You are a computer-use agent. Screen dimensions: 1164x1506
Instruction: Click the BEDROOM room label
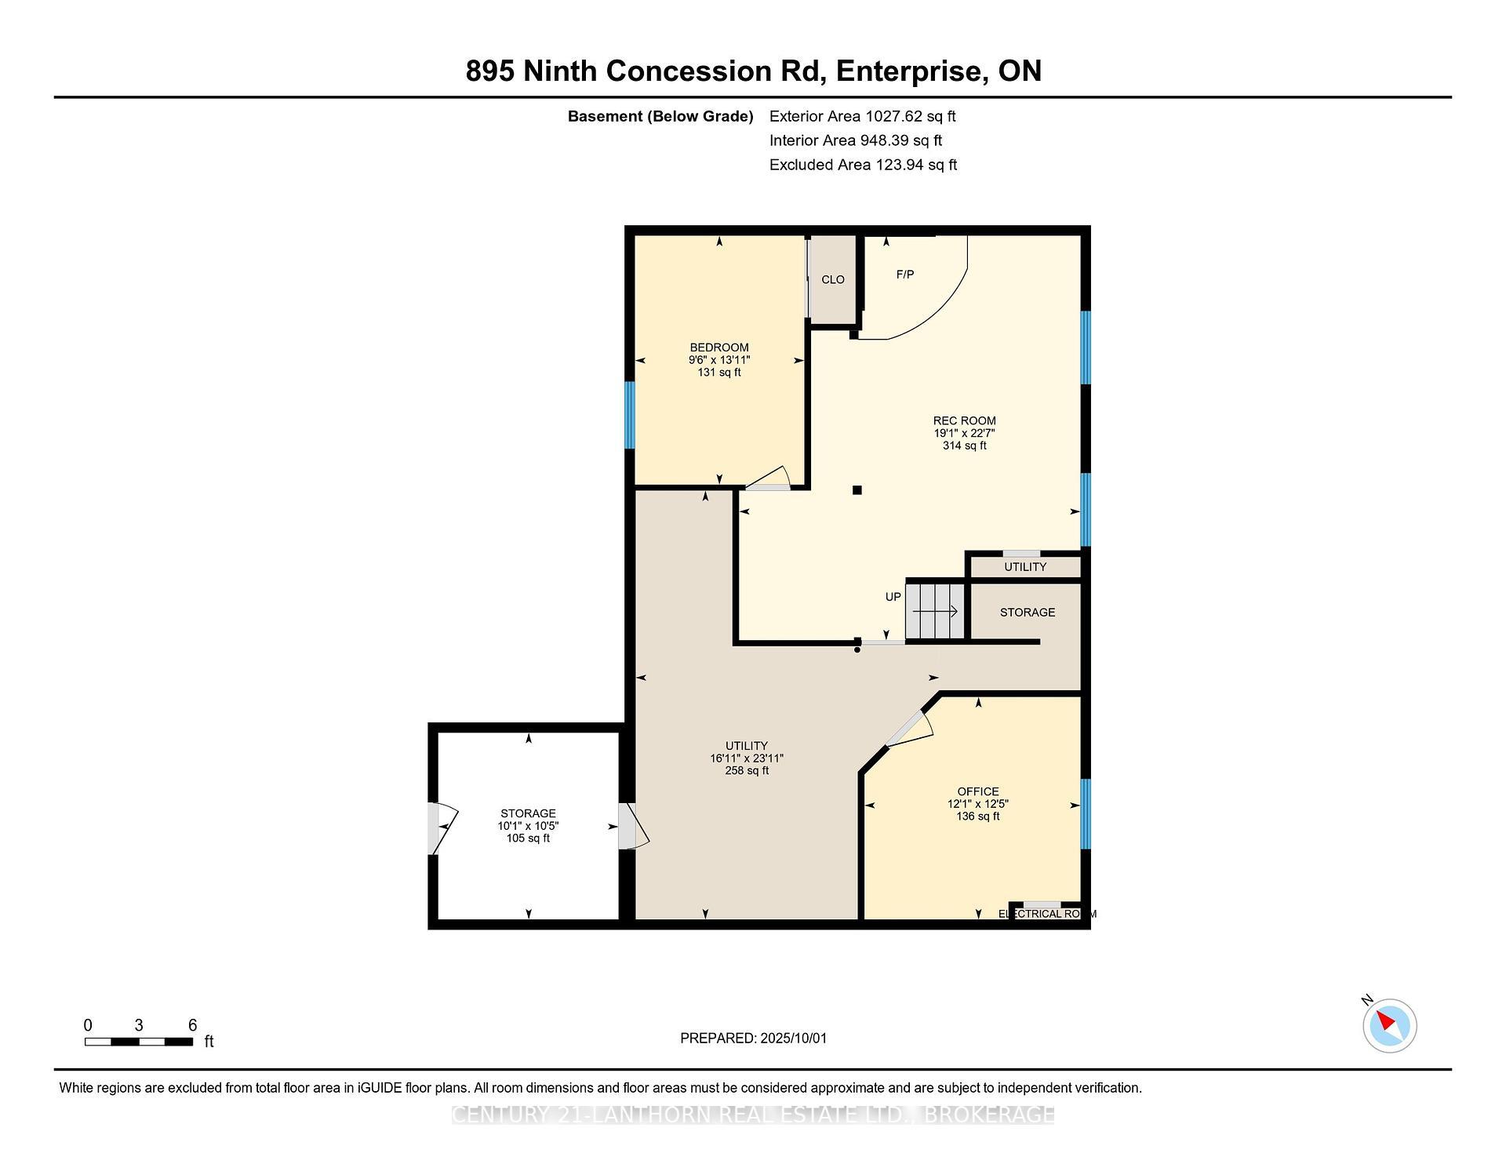coord(719,347)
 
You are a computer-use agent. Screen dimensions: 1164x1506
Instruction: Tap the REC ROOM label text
coord(964,420)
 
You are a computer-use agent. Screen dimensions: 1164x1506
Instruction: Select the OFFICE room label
coord(977,791)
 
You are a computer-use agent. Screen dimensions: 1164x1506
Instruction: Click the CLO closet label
coord(832,280)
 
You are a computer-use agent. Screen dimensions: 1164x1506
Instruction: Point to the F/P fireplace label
coord(905,275)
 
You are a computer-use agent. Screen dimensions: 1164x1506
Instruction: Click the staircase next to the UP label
coord(934,611)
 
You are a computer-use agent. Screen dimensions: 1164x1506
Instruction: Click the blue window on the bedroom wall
coord(629,415)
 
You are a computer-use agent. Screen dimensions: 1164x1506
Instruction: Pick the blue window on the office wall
coord(1086,814)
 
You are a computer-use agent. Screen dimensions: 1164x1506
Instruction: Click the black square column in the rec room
coord(857,490)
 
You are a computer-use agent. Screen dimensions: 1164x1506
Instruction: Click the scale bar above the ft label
coord(139,1042)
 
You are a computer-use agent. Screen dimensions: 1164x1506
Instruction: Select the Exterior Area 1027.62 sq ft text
coord(862,116)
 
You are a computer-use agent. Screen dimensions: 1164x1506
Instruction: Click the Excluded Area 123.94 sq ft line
coord(863,165)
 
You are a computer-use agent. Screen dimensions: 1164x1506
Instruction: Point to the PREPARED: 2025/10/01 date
coord(753,1038)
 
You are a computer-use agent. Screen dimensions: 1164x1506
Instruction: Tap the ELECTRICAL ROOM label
coord(1046,914)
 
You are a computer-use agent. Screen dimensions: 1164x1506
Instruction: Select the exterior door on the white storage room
coord(438,828)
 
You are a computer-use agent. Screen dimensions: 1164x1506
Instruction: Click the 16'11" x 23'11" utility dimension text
coord(746,758)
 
